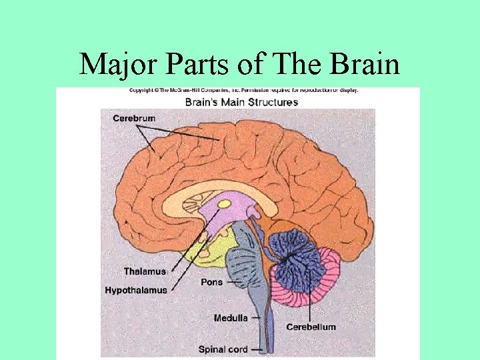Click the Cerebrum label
click(x=134, y=119)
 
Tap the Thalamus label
click(x=144, y=271)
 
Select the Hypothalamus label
click(x=136, y=290)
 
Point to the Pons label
click(x=211, y=282)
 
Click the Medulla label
click(x=231, y=318)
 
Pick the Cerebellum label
click(x=311, y=327)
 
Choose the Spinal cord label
click(x=223, y=349)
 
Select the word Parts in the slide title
click(x=194, y=65)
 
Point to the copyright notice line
click(x=244, y=90)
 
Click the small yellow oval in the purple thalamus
click(x=225, y=203)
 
